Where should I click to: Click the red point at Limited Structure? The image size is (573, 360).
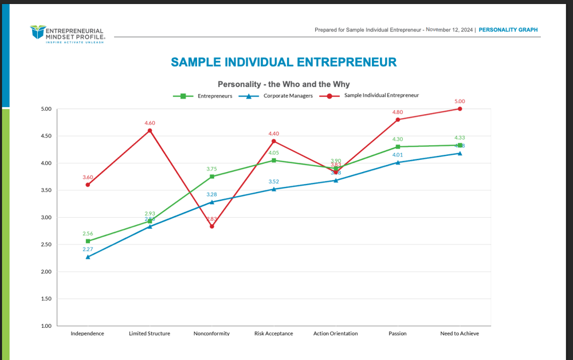[x=150, y=131]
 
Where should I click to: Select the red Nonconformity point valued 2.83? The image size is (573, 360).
[x=212, y=226]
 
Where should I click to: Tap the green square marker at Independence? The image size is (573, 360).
[x=88, y=241]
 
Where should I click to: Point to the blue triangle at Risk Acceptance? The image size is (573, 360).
[x=274, y=189]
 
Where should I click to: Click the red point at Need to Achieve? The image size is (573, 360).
[x=460, y=109]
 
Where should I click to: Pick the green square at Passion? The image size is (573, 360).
[x=398, y=147]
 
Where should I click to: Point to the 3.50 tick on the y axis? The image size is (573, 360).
[x=45, y=190]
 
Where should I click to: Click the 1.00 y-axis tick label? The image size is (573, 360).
[x=45, y=326]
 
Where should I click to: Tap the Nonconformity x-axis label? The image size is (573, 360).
[x=211, y=334]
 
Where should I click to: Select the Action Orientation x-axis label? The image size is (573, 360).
[x=335, y=334]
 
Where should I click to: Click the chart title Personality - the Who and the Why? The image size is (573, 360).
[x=284, y=84]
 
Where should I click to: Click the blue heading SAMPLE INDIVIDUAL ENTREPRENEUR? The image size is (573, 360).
[x=284, y=62]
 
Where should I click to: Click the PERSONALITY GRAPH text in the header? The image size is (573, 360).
[x=508, y=30]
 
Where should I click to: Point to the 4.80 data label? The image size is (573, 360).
[x=398, y=112]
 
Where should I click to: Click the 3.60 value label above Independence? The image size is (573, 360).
[x=88, y=178]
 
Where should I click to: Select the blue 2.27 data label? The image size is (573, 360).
[x=88, y=249]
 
